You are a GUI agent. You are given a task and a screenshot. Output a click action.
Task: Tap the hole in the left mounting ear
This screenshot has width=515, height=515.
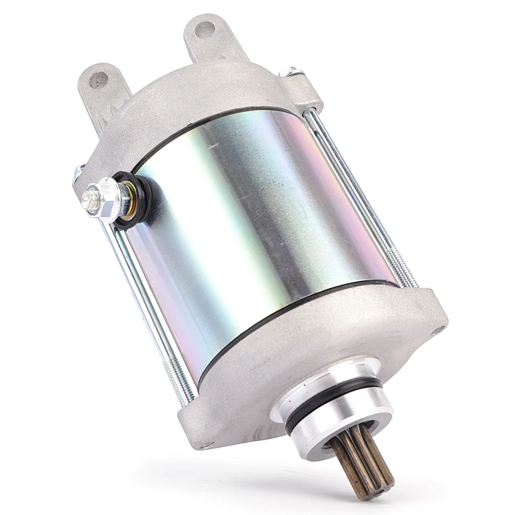[98, 79]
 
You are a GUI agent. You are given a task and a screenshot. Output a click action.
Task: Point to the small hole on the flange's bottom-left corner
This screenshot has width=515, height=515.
[205, 443]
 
